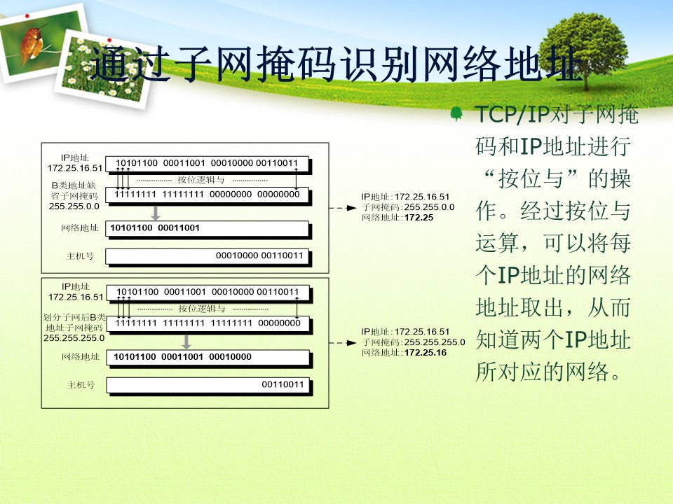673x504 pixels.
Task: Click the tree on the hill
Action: click(584, 49)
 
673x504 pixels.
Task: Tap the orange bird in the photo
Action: click(33, 43)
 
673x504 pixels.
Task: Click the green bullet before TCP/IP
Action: click(456, 113)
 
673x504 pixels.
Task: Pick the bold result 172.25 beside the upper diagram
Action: click(419, 218)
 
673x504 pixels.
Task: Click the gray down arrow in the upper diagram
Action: click(156, 213)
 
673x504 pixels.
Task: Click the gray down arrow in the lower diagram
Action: click(186, 342)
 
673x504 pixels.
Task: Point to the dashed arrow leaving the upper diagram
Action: click(343, 208)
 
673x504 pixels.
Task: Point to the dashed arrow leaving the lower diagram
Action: click(343, 343)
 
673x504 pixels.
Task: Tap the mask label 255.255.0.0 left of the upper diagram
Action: click(74, 206)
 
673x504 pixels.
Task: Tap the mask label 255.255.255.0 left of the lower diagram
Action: click(74, 337)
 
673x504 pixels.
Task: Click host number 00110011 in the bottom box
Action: click(283, 384)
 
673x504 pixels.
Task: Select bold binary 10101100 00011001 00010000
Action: click(182, 356)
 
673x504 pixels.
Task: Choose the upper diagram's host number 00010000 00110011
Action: click(259, 255)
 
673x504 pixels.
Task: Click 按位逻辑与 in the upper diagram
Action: click(201, 180)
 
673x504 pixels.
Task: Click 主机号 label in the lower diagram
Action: click(81, 385)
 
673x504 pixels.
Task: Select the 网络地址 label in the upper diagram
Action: click(80, 227)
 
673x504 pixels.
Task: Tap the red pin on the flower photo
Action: click(109, 40)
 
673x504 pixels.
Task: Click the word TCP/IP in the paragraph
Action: click(512, 114)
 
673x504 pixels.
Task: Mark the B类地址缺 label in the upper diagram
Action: click(74, 185)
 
